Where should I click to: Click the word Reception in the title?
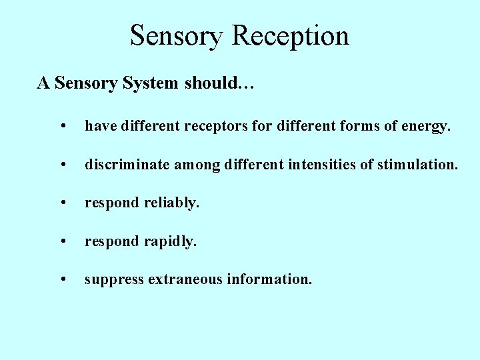[291, 35]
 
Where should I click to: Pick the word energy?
[426, 125]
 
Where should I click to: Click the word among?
[196, 164]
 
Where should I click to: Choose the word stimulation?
[418, 163]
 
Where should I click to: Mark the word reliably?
[171, 203]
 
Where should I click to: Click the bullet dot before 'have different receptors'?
[62, 125]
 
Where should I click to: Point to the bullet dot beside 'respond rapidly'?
[62, 241]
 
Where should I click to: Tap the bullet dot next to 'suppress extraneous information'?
[62, 280]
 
